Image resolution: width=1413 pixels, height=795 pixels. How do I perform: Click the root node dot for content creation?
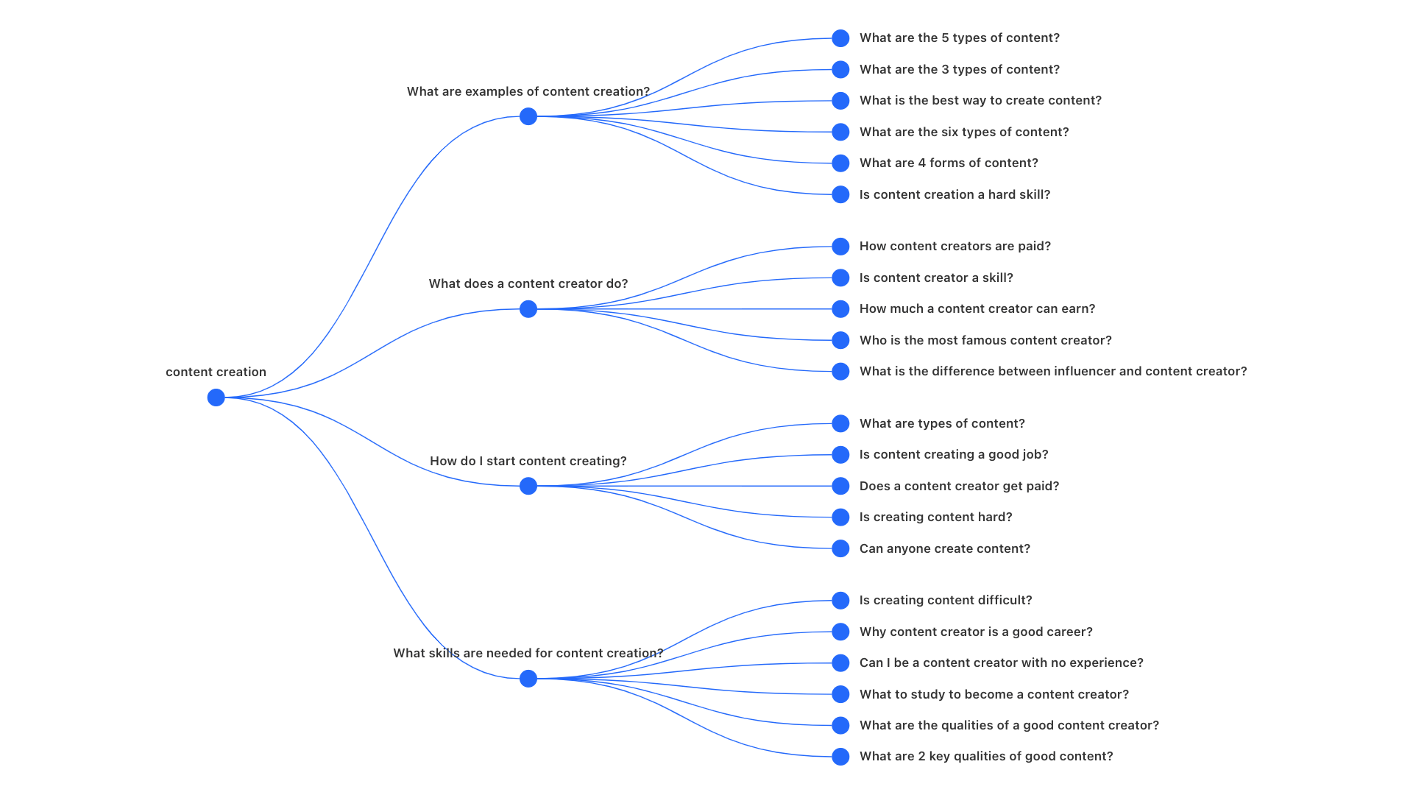pos(216,397)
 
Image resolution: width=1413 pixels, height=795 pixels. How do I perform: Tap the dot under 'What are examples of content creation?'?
pos(528,116)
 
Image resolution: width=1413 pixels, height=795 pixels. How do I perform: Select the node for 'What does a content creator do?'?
pos(528,309)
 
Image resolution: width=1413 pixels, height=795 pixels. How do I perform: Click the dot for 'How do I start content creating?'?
pos(528,486)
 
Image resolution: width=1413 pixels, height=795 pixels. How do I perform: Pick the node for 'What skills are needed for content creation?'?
pos(528,679)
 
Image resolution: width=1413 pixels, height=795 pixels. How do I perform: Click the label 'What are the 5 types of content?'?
pos(960,38)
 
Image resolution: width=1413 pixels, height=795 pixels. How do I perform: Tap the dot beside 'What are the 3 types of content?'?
pos(840,69)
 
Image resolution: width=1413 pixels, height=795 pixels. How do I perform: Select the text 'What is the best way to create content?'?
pos(980,101)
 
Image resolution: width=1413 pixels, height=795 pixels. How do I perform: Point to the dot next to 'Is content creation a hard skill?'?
pos(840,194)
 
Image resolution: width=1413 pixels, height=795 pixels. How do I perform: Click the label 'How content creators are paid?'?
pos(955,247)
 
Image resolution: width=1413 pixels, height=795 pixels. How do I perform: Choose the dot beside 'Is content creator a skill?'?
pos(840,278)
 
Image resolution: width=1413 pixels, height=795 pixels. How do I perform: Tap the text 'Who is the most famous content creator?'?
pos(985,340)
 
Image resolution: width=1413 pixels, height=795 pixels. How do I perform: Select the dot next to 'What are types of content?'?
pos(840,423)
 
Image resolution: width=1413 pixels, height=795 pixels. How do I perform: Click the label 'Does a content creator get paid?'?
pos(960,486)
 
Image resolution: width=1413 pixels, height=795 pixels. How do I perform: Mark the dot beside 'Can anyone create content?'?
pos(840,548)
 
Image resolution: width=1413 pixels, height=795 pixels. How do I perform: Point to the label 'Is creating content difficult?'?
pos(946,601)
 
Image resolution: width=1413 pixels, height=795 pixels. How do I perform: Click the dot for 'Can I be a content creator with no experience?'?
pos(840,662)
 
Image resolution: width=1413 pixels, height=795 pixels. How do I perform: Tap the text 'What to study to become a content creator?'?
pos(994,694)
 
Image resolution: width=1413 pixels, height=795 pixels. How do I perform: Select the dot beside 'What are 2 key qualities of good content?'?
pos(840,756)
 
